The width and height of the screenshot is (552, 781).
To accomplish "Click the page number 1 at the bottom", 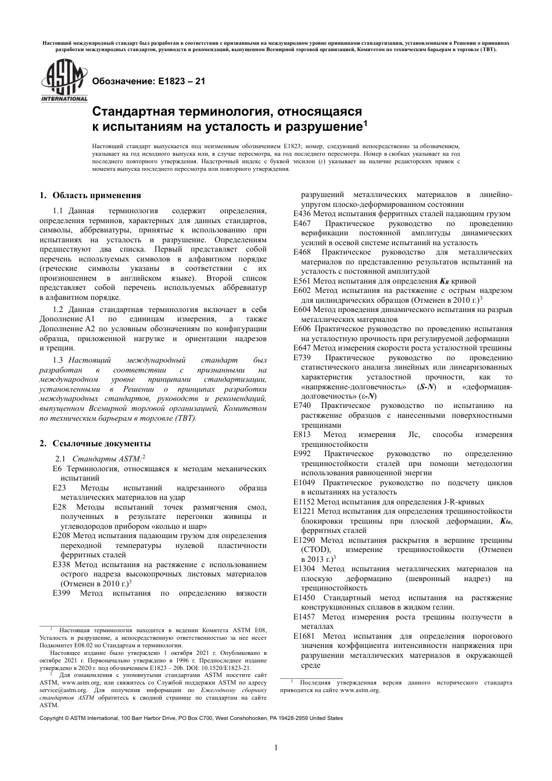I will pyautogui.click(x=275, y=747).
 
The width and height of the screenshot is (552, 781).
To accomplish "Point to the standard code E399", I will pyautogui.click(x=61, y=593).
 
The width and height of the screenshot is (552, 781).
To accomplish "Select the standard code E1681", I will pyautogui.click(x=304, y=636).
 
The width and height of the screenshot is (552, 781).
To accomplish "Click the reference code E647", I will pyautogui.click(x=302, y=348).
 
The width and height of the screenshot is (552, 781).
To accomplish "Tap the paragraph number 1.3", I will pyautogui.click(x=59, y=361).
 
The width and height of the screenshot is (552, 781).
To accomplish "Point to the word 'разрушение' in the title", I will pyautogui.click(x=322, y=126).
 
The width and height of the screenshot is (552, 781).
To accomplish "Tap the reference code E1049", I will pyautogui.click(x=304, y=483).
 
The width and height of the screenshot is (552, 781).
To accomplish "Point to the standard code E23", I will pyautogui.click(x=59, y=488).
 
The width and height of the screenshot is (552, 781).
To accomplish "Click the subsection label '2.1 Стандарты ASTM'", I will pyautogui.click(x=99, y=458).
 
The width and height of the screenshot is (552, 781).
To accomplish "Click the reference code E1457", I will pyautogui.click(x=304, y=617).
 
